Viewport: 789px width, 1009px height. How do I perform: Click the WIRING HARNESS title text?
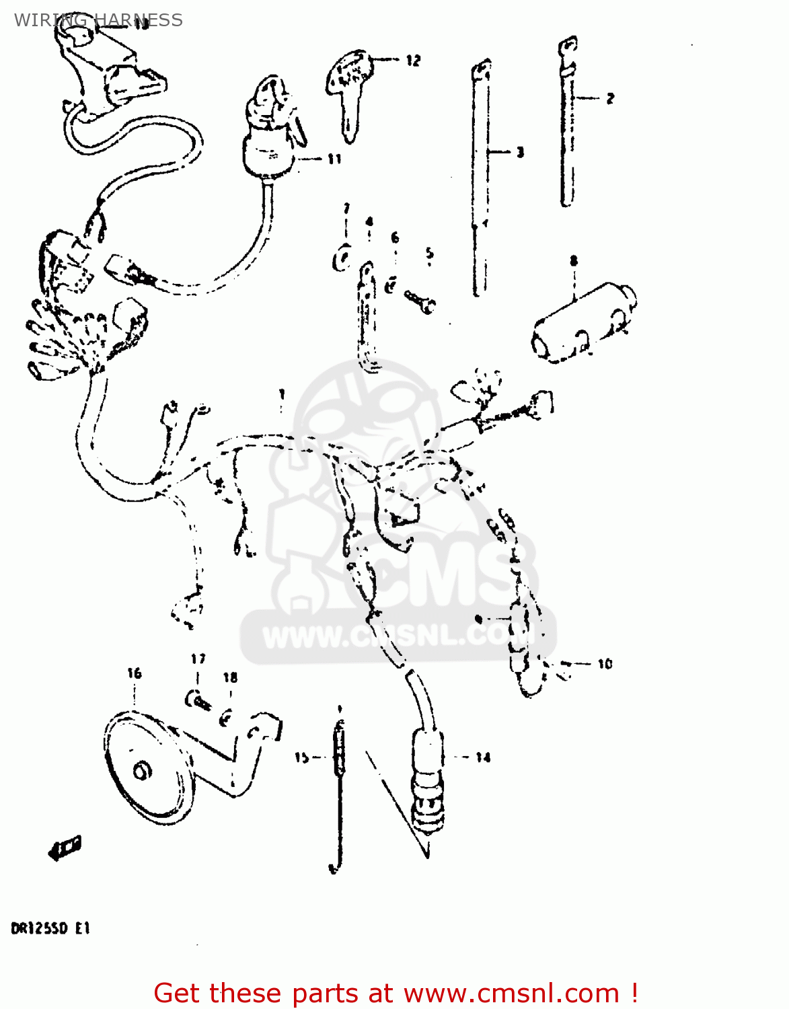[98, 20]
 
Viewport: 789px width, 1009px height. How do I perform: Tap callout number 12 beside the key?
[412, 61]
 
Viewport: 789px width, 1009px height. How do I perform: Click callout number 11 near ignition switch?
[334, 159]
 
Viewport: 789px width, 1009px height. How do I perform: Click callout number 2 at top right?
[609, 98]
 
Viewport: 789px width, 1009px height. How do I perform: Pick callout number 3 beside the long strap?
[519, 153]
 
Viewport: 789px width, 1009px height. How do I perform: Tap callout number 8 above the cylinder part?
[574, 260]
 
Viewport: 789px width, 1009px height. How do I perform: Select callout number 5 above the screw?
[429, 254]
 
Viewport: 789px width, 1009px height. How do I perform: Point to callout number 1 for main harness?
[282, 394]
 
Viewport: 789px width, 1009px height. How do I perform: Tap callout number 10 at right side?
[605, 664]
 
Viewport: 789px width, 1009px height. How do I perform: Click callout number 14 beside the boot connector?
[483, 757]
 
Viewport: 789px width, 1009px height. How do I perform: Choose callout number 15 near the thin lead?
[301, 757]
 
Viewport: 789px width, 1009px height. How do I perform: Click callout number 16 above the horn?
[135, 673]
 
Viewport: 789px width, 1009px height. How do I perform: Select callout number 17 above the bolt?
[198, 659]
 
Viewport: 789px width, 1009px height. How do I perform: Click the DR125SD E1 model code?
[50, 929]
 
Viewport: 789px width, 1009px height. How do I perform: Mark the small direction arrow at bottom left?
[65, 848]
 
